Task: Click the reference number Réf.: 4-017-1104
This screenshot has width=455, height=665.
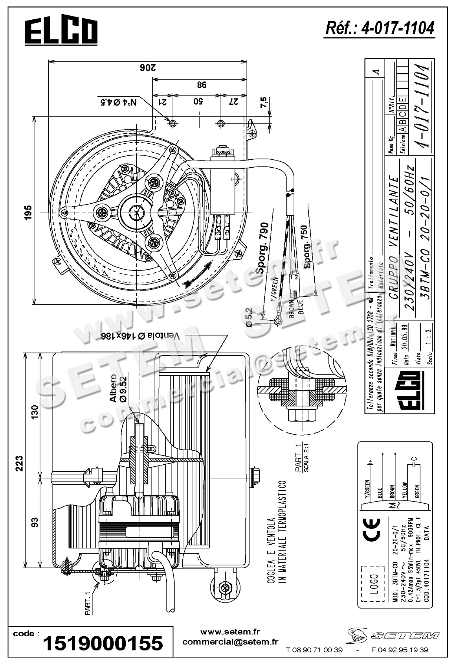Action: (380, 28)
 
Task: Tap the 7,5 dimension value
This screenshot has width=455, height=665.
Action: (264, 103)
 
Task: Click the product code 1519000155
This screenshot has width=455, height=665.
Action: (103, 643)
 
